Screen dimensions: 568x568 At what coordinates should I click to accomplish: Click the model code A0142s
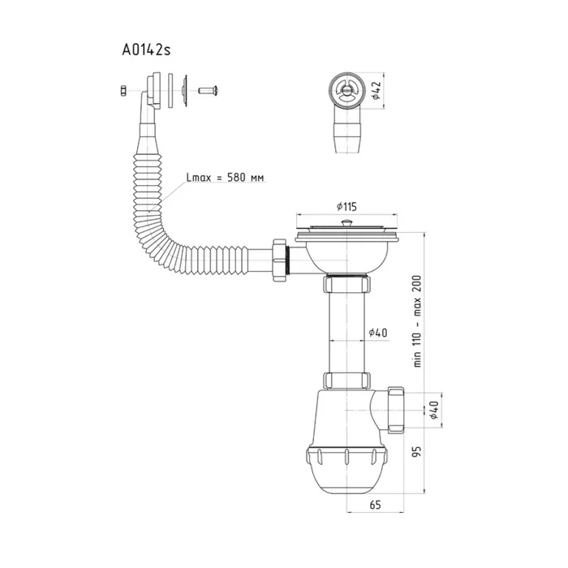tap(146, 49)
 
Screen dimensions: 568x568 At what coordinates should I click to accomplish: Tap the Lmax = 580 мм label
tap(225, 178)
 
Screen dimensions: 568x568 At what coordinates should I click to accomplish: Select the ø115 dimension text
tap(346, 206)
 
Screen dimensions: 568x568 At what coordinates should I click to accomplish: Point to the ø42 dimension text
tap(376, 90)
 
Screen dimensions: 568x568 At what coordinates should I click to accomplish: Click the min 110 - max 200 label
tap(417, 321)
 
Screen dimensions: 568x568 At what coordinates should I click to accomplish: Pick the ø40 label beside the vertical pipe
tap(378, 332)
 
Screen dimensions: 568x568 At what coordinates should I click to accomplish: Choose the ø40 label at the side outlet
tap(433, 410)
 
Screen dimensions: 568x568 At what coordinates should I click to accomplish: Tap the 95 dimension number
tap(417, 451)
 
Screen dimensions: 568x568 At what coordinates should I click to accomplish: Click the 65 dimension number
tap(375, 505)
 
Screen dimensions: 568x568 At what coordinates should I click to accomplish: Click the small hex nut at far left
tap(123, 91)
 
